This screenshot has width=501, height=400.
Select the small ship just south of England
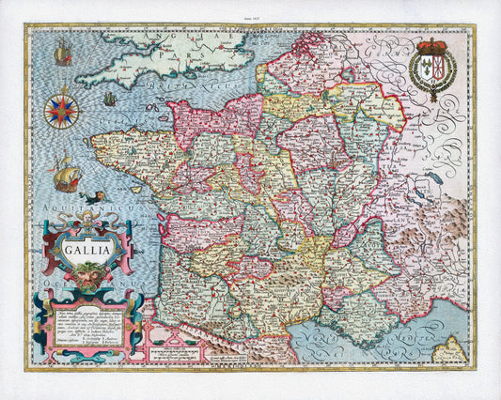tap(109, 99)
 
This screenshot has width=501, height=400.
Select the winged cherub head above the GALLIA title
tap(84, 224)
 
